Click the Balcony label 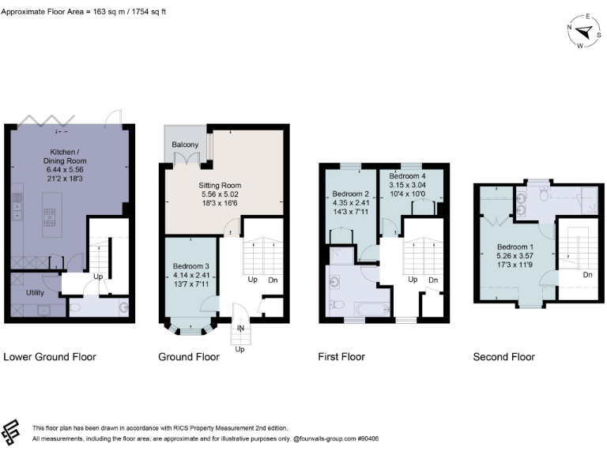coord(184,145)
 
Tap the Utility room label coord(36,292)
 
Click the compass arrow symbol coord(586,32)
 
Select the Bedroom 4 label coord(407,175)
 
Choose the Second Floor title coord(503,357)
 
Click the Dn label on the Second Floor coord(587,275)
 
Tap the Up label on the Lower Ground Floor coord(99,277)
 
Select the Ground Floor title coord(189,357)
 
